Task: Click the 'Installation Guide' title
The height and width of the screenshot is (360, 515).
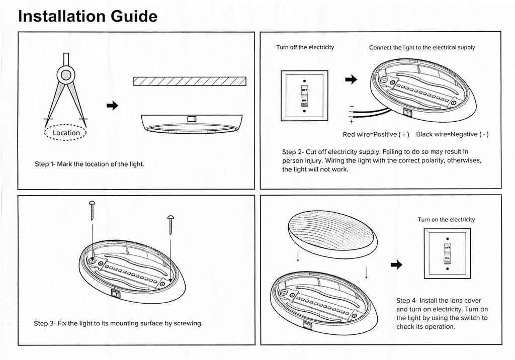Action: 88,16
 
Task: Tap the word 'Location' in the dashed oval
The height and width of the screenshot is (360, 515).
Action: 66,133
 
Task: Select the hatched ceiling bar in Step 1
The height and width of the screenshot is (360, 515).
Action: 190,81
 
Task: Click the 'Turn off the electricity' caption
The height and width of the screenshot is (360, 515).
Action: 305,48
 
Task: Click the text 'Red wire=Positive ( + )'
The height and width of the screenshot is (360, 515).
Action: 376,135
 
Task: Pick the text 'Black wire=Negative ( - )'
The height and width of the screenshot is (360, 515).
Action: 453,135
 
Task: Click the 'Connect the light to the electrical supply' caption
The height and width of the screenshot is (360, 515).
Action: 422,48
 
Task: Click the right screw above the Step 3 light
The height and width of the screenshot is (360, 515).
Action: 170,224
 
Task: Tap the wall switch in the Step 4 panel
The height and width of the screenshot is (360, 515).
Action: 447,253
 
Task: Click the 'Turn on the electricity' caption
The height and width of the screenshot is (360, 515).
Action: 446,220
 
